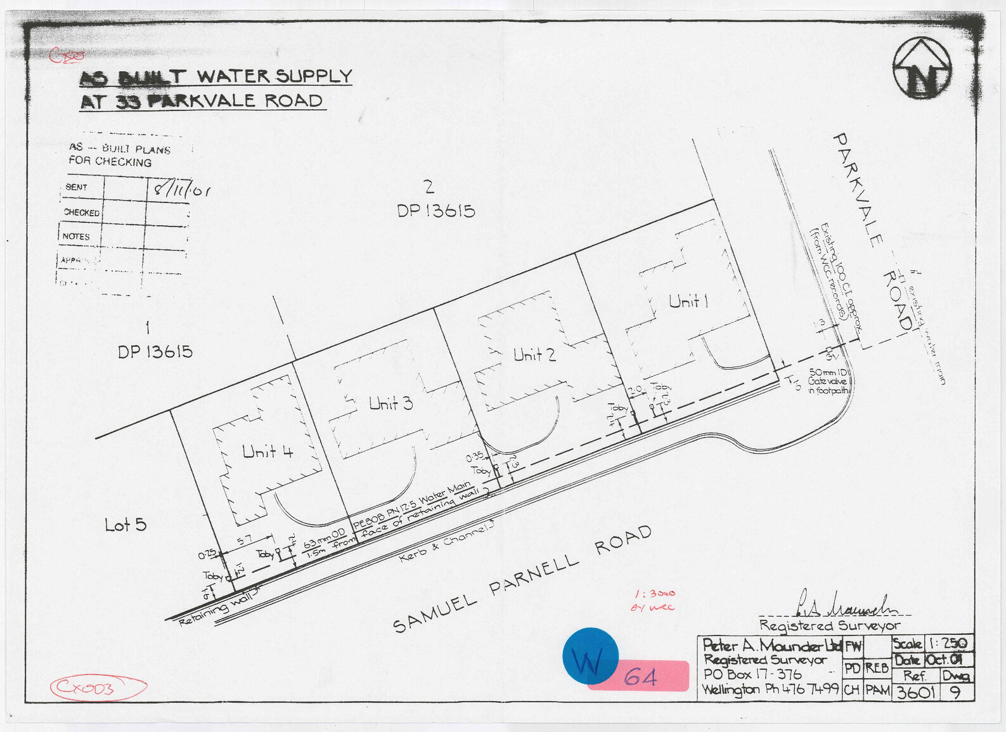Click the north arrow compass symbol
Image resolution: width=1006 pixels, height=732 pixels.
pyautogui.click(x=922, y=68)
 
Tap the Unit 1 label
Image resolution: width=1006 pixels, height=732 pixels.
pyautogui.click(x=688, y=301)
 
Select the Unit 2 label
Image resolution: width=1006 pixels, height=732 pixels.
pyautogui.click(x=534, y=355)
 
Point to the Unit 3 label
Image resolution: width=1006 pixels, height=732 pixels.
pyautogui.click(x=390, y=403)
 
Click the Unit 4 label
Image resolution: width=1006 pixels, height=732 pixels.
pyautogui.click(x=268, y=452)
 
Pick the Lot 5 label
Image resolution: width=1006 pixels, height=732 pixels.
pyautogui.click(x=126, y=525)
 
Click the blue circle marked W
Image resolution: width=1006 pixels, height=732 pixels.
pyautogui.click(x=590, y=656)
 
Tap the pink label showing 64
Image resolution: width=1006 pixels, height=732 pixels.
pyautogui.click(x=640, y=677)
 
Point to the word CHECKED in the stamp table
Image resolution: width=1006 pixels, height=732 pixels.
pyautogui.click(x=82, y=212)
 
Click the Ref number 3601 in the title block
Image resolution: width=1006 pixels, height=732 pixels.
pyautogui.click(x=914, y=691)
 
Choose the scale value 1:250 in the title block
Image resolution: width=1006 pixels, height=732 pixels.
pyautogui.click(x=949, y=643)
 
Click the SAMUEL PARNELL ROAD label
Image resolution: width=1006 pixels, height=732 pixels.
pyautogui.click(x=522, y=578)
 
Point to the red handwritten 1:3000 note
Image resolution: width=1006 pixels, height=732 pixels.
pyautogui.click(x=655, y=594)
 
